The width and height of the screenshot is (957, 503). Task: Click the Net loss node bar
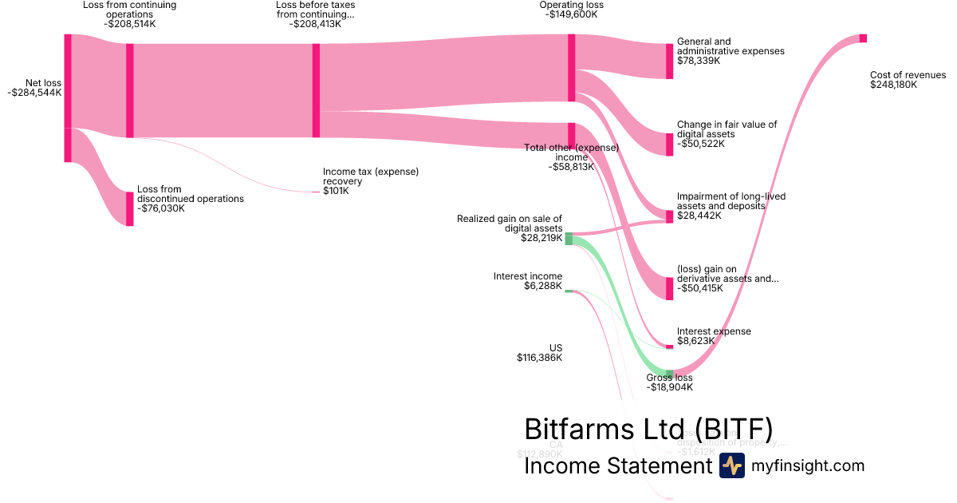[68, 97]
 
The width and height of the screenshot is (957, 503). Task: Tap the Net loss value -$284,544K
[34, 93]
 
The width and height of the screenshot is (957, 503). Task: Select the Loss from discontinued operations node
[130, 208]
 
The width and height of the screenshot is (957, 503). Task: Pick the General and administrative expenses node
[670, 61]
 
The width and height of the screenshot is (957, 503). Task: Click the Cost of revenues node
[863, 38]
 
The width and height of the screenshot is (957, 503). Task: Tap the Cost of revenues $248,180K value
[894, 85]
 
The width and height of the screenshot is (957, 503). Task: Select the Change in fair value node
[670, 145]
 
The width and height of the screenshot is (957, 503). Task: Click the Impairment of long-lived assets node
[670, 216]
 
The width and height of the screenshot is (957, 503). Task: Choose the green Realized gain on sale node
[569, 238]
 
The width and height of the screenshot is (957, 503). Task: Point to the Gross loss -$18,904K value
[669, 387]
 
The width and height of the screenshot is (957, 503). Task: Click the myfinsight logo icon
[731, 465]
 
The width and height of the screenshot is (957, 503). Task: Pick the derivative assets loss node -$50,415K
[670, 288]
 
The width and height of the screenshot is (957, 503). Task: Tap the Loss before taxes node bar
[316, 90]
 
